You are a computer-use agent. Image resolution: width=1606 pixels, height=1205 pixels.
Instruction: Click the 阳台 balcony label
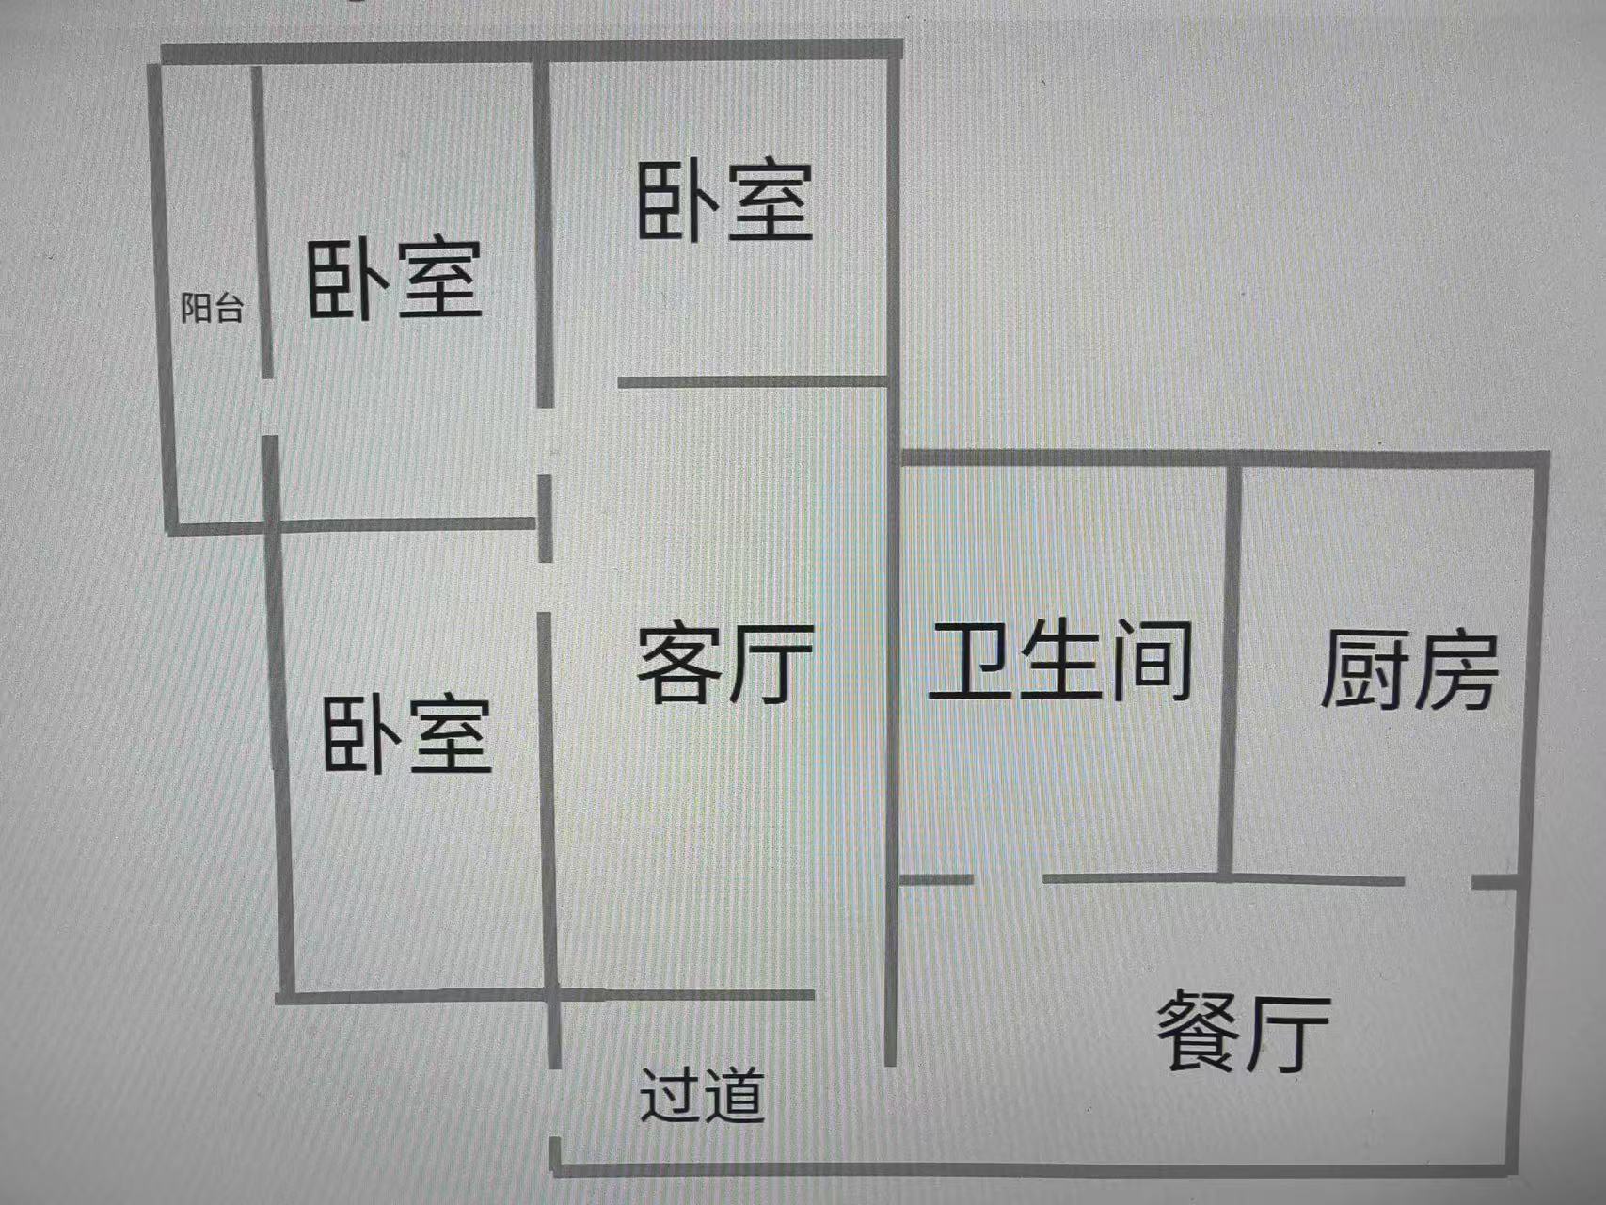(x=212, y=308)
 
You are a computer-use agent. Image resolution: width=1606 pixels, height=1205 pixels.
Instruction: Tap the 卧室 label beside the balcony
(x=394, y=280)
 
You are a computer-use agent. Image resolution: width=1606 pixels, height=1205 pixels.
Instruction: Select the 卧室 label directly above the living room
(x=724, y=201)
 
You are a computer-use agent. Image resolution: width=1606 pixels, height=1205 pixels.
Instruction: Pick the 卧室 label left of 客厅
(x=406, y=735)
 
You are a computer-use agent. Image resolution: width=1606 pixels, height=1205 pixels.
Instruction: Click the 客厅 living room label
(x=724, y=665)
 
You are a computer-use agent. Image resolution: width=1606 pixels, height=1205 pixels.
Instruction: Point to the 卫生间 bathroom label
(x=1061, y=660)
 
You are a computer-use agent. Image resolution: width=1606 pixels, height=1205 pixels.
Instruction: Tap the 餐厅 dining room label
(x=1242, y=1032)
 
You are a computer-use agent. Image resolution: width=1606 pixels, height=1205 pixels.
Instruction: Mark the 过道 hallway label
(x=702, y=1095)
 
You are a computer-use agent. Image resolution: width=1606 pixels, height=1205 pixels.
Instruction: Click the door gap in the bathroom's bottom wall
(x=1008, y=879)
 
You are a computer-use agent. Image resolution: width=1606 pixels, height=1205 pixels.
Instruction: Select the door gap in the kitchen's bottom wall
(x=1438, y=882)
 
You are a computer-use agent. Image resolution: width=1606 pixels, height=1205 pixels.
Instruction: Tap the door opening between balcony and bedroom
(x=269, y=407)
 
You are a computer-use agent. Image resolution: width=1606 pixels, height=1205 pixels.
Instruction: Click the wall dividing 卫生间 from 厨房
(x=1229, y=668)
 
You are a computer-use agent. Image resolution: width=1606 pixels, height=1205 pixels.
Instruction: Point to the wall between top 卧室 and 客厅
(x=753, y=381)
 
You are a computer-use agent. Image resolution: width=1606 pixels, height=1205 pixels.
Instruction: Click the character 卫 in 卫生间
(x=970, y=660)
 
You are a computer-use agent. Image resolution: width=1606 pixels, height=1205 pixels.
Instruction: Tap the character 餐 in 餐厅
(x=1197, y=1032)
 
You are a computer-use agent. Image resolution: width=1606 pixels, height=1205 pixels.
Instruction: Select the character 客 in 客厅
(x=679, y=665)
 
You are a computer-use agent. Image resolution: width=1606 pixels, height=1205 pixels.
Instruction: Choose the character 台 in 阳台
(x=228, y=308)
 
